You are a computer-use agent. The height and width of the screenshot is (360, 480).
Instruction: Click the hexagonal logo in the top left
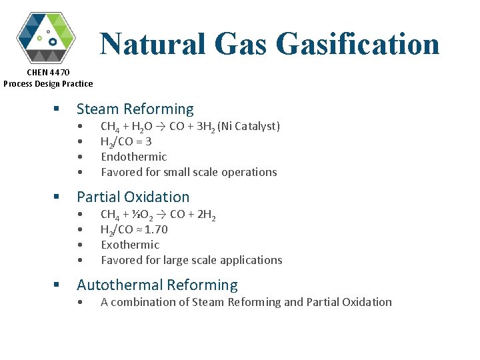click(x=46, y=37)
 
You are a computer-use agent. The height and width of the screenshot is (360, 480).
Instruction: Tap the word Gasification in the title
click(x=357, y=44)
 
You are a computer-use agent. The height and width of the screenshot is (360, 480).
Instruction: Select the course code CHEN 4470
click(x=48, y=72)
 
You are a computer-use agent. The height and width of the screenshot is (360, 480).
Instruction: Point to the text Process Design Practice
click(x=48, y=83)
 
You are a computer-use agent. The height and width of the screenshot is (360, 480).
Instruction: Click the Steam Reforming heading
click(x=135, y=109)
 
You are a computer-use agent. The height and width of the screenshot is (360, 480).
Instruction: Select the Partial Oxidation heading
click(x=133, y=197)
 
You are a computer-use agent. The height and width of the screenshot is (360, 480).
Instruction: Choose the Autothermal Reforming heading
click(x=157, y=285)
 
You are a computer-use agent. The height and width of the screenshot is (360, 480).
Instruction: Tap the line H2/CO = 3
click(x=126, y=142)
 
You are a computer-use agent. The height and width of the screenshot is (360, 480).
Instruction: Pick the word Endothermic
click(x=133, y=157)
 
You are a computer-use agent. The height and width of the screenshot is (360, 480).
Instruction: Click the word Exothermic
click(x=130, y=245)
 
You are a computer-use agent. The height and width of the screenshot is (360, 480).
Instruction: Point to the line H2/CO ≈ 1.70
click(x=134, y=230)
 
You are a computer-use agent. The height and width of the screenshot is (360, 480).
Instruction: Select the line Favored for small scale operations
click(x=189, y=172)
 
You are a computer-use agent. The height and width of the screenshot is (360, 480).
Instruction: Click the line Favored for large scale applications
click(x=191, y=260)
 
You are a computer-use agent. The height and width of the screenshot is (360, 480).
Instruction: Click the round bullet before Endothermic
click(x=80, y=157)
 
